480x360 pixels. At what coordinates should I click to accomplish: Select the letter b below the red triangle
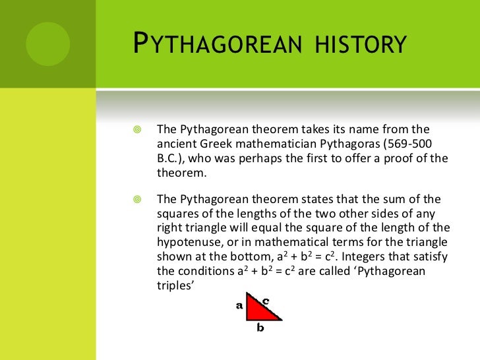(x=260, y=328)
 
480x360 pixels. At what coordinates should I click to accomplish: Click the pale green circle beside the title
(x=48, y=43)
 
